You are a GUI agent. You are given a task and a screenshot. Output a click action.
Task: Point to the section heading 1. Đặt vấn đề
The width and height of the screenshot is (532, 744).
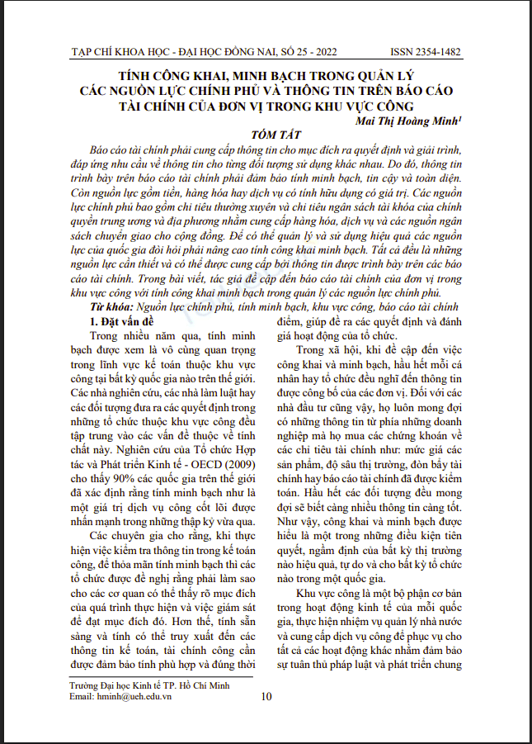click(x=126, y=316)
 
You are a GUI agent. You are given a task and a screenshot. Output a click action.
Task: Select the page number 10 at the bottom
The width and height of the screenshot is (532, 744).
click(x=266, y=696)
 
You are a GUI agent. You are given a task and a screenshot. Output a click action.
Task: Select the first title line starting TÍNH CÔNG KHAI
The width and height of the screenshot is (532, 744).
click(x=266, y=75)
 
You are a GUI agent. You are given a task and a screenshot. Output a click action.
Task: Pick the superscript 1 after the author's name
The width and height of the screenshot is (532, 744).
click(x=459, y=118)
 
